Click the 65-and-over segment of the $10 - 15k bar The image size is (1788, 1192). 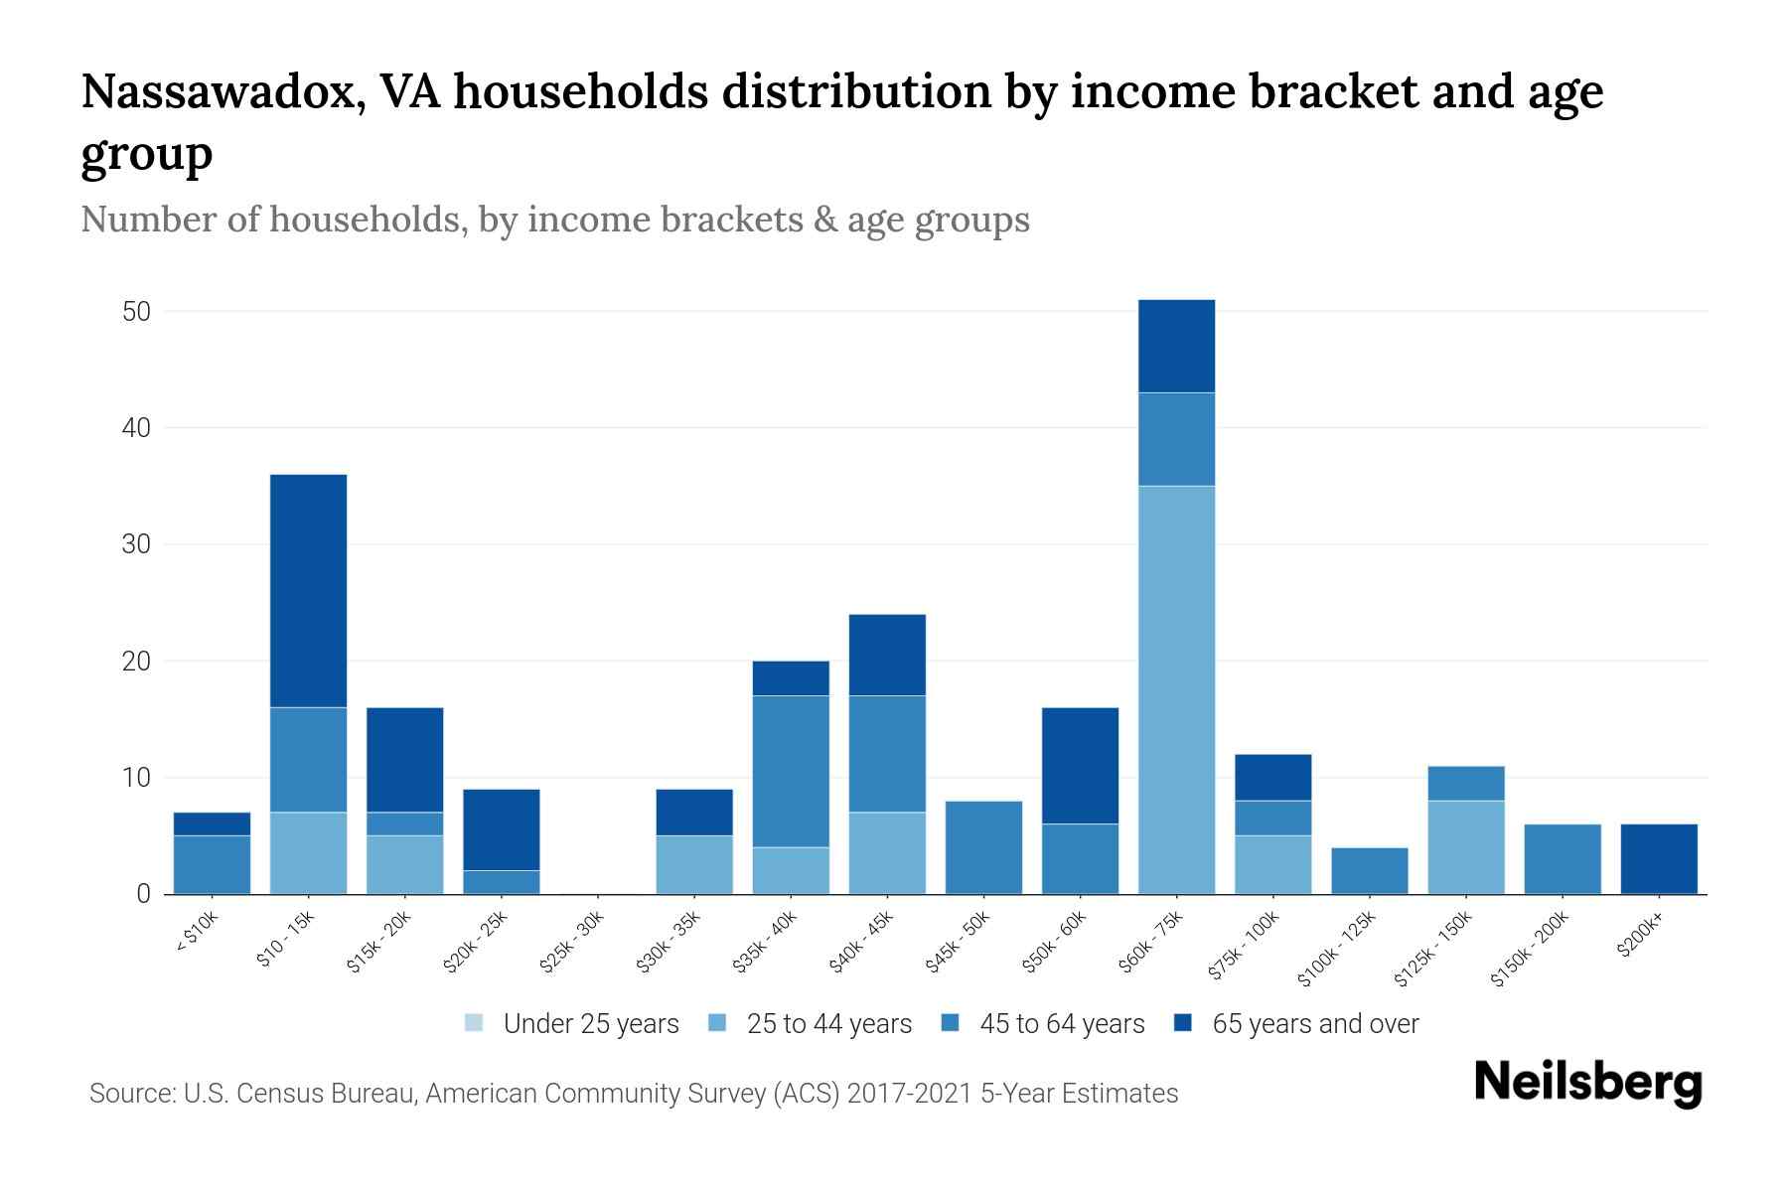(x=308, y=591)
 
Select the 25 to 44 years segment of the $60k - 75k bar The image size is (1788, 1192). (x=1176, y=689)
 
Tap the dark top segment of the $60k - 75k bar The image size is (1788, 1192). (x=1176, y=346)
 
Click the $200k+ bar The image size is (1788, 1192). (x=1658, y=859)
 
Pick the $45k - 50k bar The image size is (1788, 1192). (x=983, y=847)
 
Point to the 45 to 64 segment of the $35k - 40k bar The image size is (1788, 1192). (x=791, y=771)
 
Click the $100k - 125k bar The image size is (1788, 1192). (x=1369, y=870)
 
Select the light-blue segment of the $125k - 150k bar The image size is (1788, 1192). (x=1465, y=847)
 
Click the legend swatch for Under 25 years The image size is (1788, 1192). (x=475, y=1023)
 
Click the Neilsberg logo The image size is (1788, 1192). (x=1587, y=1084)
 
